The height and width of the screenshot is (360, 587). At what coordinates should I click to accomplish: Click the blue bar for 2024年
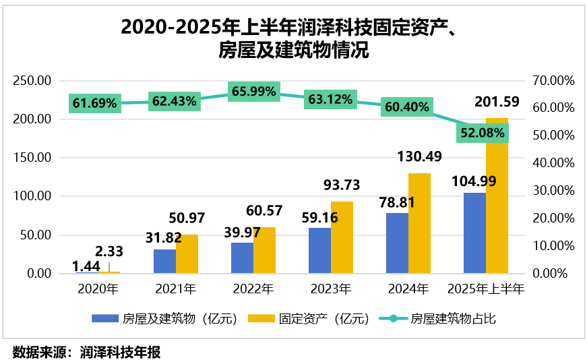pos(397,243)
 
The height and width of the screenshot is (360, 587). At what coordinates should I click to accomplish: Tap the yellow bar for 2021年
pos(187,254)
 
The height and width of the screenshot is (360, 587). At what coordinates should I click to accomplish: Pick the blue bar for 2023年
pos(319,251)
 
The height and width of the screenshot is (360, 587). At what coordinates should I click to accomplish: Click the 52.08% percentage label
pos(483,133)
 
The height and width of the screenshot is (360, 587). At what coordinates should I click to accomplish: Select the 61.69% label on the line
pos(95,103)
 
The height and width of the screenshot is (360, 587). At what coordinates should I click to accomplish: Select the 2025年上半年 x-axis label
pos(486,291)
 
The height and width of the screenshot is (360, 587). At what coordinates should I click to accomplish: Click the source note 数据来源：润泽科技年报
pos(87,351)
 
